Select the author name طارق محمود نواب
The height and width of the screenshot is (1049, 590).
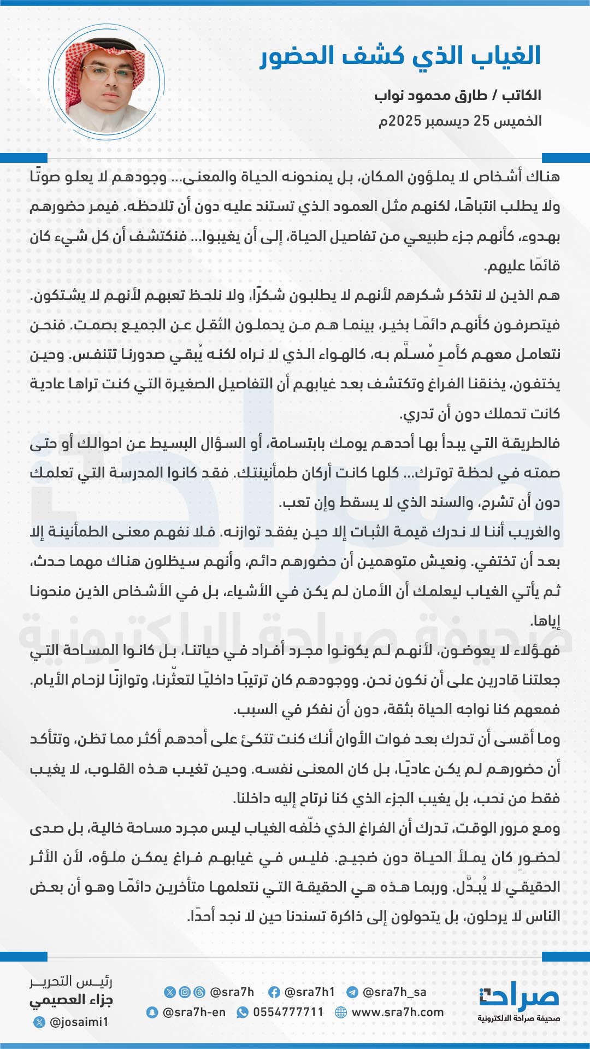430,96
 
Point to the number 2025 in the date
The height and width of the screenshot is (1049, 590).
405,121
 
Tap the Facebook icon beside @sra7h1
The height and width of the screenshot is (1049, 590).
274,992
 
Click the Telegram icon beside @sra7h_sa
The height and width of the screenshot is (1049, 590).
352,992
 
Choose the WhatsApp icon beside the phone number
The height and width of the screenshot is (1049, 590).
242,1012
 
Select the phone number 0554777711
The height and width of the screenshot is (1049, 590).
288,1012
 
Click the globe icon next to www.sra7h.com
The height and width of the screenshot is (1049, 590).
341,1012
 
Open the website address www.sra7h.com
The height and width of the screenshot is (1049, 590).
397,1012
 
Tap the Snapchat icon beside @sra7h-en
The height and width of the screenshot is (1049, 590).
152,1012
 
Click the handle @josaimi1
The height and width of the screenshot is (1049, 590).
79,1022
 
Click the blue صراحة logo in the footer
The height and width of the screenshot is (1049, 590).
519,998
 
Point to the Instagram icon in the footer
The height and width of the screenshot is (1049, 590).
185,992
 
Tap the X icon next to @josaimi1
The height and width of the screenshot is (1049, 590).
39,1022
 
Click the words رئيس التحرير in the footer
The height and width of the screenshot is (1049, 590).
71,982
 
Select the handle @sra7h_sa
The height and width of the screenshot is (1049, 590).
394,992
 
